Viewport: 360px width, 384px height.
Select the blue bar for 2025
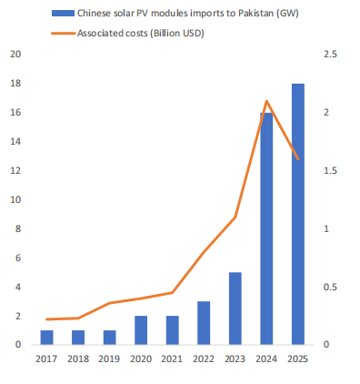(298, 214)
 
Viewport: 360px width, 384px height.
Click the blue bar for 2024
(266, 228)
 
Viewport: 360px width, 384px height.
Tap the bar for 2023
(235, 308)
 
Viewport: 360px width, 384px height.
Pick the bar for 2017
(46, 338)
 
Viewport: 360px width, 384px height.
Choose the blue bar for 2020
(141, 330)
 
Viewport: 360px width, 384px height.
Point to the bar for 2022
(204, 323)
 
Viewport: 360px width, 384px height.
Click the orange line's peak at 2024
(266, 101)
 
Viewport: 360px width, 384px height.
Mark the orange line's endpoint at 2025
(298, 158)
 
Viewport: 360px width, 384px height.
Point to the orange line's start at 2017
(46, 319)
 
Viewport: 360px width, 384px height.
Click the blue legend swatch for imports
(63, 14)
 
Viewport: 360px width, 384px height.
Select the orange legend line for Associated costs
(63, 33)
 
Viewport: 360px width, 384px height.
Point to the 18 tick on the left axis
(15, 84)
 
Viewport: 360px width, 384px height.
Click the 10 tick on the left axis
(15, 200)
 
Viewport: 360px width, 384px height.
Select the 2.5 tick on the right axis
(330, 55)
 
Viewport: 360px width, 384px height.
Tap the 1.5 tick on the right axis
(330, 171)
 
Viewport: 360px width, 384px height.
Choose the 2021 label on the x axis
(172, 359)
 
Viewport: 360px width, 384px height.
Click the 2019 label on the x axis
(109, 359)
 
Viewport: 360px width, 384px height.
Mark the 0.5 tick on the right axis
(330, 287)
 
